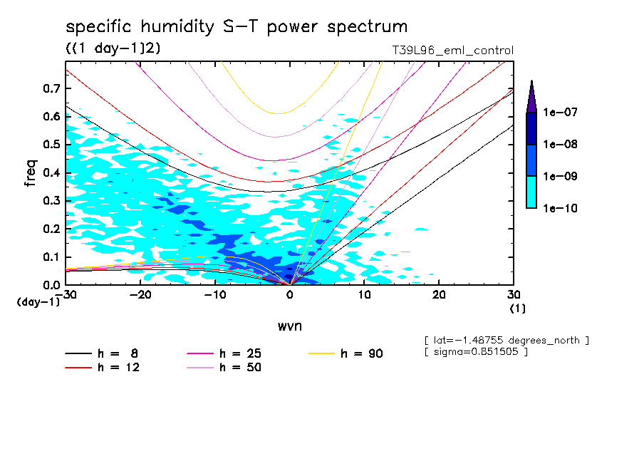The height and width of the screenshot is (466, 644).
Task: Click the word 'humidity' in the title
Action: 178,28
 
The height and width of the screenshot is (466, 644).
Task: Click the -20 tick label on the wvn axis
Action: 140,295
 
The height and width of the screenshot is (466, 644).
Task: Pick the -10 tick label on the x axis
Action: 214,295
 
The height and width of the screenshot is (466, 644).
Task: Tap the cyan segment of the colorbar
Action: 531,192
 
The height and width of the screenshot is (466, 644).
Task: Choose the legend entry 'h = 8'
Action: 108,353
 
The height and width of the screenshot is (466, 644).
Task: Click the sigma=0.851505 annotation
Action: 475,352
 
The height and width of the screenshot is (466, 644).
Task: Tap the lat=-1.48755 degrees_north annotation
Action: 506,340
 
